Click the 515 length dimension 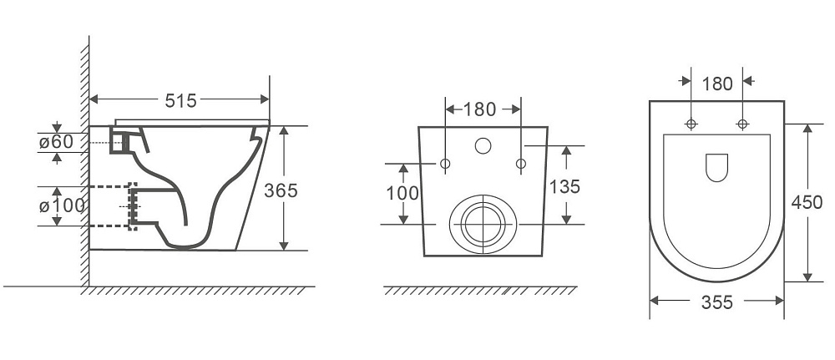click(x=180, y=100)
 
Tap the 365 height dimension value click(x=281, y=190)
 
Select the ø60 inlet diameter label click(x=55, y=142)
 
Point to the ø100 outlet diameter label click(x=62, y=205)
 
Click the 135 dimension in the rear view click(x=564, y=186)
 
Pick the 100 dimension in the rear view click(x=402, y=193)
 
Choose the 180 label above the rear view click(x=479, y=109)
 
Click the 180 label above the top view click(x=717, y=84)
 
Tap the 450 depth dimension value click(x=807, y=202)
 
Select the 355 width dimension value click(x=716, y=302)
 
